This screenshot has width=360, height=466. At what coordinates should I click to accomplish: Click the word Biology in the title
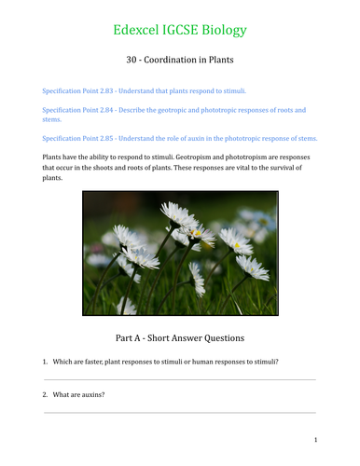(x=224, y=30)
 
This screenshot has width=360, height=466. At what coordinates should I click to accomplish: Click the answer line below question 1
(x=180, y=379)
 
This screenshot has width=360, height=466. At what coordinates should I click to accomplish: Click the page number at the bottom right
(x=316, y=439)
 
